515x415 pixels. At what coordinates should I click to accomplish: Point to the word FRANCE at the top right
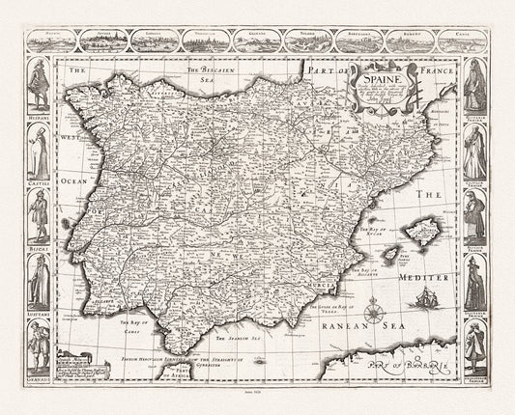coord(431,69)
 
